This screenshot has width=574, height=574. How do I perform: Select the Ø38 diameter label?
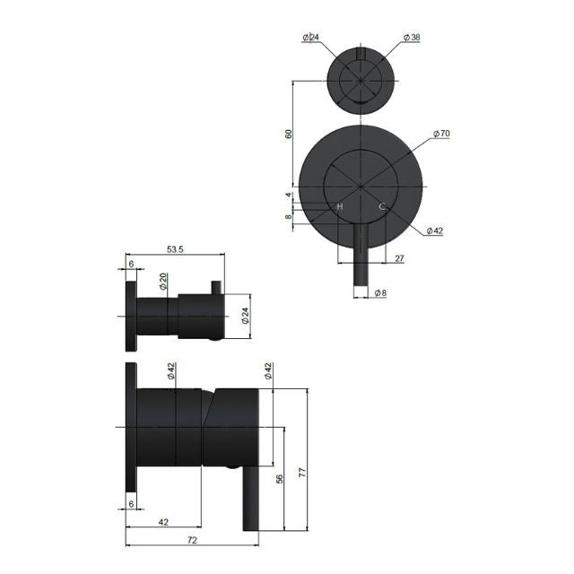pyautogui.click(x=412, y=37)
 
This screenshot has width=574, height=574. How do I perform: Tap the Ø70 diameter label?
pyautogui.click(x=440, y=134)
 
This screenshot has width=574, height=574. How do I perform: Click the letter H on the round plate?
pyautogui.click(x=340, y=207)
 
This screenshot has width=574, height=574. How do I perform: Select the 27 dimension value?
pyautogui.click(x=399, y=258)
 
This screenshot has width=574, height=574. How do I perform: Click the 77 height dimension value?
pyautogui.click(x=302, y=472)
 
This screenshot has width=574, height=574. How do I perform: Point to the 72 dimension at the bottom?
pyautogui.click(x=191, y=541)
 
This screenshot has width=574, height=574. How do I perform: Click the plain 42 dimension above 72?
pyautogui.click(x=163, y=521)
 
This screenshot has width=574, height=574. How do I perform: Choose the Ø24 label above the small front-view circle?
pyautogui.click(x=311, y=37)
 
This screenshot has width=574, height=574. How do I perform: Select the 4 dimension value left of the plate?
pyautogui.click(x=289, y=195)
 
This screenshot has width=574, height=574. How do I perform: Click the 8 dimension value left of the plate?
pyautogui.click(x=289, y=216)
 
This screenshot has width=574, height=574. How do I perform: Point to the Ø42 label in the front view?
pyautogui.click(x=434, y=230)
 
